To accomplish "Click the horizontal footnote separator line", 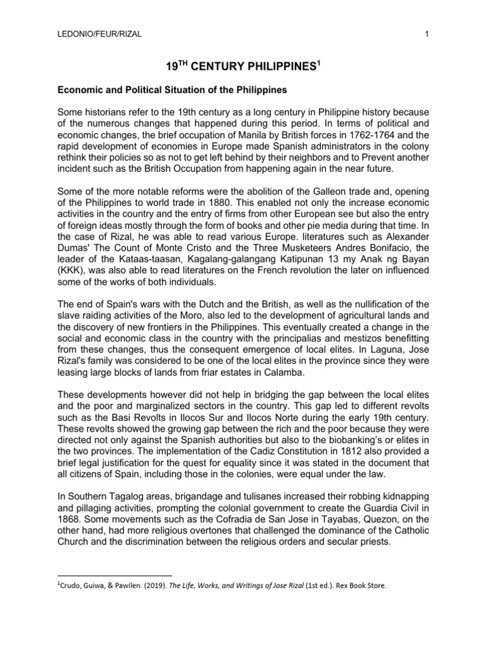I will (114, 575).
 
